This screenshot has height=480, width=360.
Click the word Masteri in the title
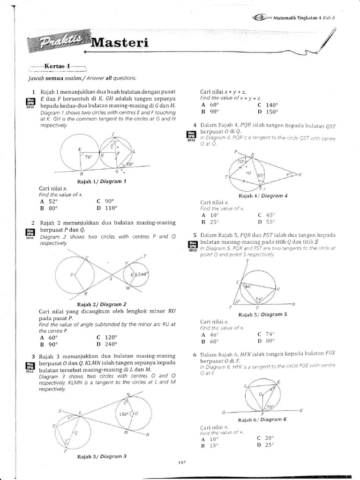pos(119,43)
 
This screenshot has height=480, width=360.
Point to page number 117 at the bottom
pos(182,463)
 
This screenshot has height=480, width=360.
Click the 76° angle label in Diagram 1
pos(88,157)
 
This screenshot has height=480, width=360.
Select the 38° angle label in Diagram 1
pos(129,165)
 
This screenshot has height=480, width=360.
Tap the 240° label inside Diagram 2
pos(142,274)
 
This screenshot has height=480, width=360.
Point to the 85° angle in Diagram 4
pos(260,176)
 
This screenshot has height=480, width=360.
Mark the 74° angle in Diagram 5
pos(258,299)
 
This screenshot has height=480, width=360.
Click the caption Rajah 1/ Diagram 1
pos(105,181)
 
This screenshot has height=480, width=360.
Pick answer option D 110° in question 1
pos(107,208)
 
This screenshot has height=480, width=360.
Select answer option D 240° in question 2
pos(107,343)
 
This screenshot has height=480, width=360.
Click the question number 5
pos(194,234)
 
